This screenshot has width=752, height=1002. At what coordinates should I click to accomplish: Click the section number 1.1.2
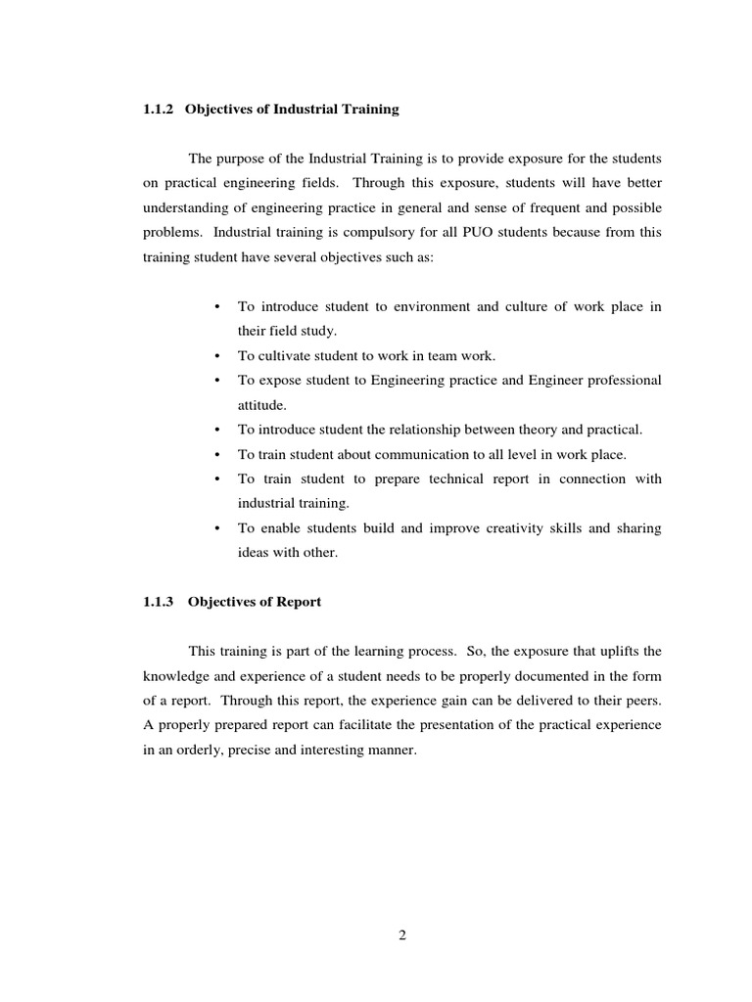coord(158,110)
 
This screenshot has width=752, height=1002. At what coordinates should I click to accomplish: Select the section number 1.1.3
coord(158,602)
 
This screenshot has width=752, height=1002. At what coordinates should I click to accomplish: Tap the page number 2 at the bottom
coord(401,934)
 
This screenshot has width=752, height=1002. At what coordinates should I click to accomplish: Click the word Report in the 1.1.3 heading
coord(299,602)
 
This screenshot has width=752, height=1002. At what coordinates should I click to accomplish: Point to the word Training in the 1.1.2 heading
coord(368,110)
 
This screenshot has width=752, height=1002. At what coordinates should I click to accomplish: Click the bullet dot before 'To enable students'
coord(215,528)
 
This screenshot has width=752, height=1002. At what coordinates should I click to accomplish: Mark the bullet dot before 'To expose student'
coord(215,381)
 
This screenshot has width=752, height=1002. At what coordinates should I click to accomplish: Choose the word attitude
coord(261,404)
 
